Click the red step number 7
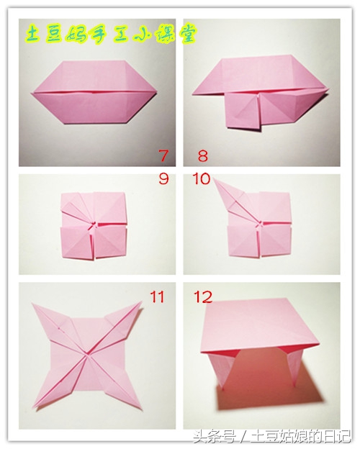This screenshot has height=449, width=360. point(163,155)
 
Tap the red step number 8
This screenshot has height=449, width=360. point(202,156)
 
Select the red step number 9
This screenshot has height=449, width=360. point(163,178)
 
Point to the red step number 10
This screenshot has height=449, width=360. point(202,179)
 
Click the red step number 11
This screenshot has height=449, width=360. point(158,297)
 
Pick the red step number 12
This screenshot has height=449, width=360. point(203,297)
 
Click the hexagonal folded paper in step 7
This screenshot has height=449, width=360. point(94,92)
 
